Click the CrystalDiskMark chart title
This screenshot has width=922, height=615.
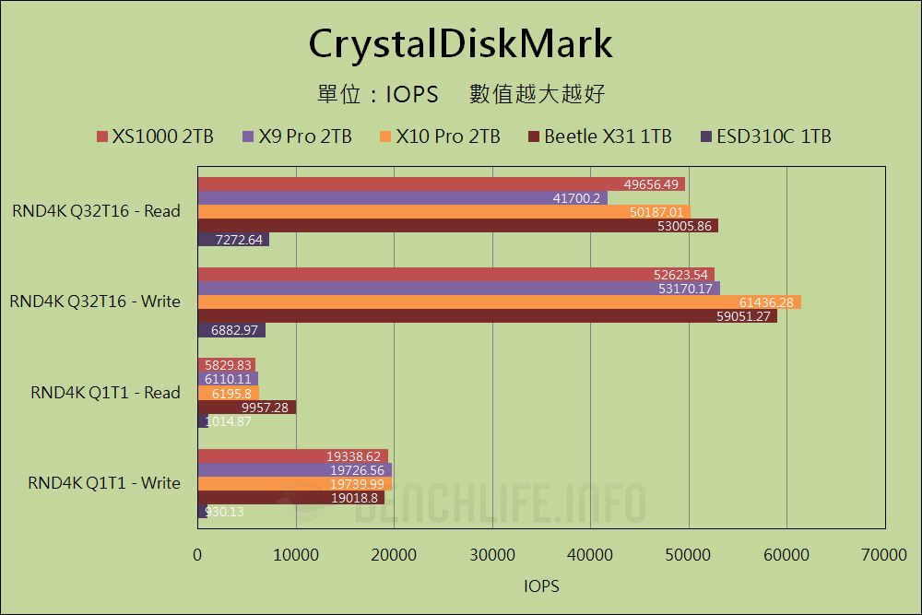[x=460, y=43]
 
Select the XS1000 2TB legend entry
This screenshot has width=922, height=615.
[x=155, y=136]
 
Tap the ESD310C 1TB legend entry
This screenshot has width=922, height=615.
[x=767, y=136]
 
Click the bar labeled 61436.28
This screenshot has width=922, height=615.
[x=498, y=302]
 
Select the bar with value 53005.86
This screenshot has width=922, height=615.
[x=457, y=226]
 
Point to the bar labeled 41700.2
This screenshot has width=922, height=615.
[x=402, y=198]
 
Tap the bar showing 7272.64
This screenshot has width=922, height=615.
[x=233, y=240]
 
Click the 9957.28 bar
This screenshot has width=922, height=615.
[x=246, y=407]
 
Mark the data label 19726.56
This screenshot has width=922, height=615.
[x=357, y=470]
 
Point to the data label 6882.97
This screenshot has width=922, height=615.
[x=233, y=330]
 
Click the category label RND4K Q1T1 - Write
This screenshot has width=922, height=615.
[x=104, y=482]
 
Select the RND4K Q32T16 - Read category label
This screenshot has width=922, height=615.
[x=97, y=211]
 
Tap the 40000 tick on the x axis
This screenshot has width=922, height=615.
[x=590, y=554]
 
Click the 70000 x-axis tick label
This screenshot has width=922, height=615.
[x=884, y=554]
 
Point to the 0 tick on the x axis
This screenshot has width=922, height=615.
[x=197, y=554]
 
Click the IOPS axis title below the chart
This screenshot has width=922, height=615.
[x=541, y=586]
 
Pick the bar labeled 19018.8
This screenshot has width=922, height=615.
[x=291, y=498]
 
